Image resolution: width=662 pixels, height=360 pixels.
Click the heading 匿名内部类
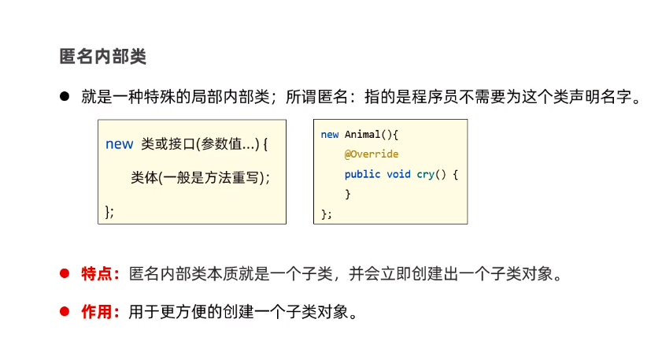(x=103, y=57)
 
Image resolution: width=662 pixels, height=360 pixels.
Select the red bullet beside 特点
(x=65, y=275)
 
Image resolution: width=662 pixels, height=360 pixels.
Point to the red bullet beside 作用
(x=65, y=311)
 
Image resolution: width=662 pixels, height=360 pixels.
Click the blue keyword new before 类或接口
(x=119, y=144)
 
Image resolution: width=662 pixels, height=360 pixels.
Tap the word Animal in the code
(x=362, y=135)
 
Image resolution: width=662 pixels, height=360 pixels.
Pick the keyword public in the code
(x=362, y=174)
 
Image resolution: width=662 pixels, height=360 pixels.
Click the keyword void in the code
(x=398, y=174)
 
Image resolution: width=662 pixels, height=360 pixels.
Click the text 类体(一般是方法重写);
(x=200, y=177)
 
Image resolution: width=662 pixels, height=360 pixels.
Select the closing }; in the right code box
(x=327, y=213)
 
